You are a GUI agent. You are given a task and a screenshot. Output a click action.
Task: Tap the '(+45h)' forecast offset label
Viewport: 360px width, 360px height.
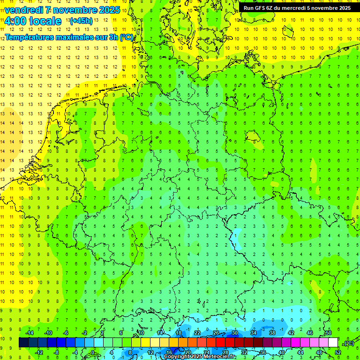coord(81,21)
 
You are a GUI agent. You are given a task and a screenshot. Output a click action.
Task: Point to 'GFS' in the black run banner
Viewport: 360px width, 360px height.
coord(261,8)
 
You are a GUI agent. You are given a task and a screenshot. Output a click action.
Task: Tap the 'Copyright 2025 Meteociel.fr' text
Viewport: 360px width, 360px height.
coord(200,357)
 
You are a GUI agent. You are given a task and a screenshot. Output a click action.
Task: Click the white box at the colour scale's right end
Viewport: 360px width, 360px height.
coord(333,343)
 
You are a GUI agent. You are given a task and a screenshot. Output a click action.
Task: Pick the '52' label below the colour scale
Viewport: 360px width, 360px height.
coord(338,352)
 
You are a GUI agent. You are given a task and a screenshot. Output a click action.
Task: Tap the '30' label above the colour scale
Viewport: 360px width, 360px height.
coord(234,333)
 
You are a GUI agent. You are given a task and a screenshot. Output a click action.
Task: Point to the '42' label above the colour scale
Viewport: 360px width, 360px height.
coord(291,333)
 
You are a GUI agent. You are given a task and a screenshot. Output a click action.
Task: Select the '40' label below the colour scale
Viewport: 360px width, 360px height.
coord(281,352)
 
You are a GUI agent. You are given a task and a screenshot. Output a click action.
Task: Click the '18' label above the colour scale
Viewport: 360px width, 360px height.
coord(178,333)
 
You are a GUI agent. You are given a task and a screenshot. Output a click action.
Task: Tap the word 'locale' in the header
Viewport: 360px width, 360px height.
coord(46,21)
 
